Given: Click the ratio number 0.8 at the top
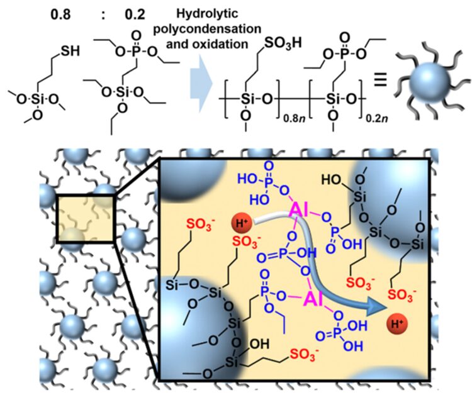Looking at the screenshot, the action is tap(61, 14).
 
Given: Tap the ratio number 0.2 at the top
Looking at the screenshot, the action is tap(135, 14).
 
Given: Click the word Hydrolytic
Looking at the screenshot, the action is tap(208, 14).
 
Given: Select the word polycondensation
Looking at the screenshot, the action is tap(208, 29).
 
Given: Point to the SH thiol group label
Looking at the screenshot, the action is tap(70, 51).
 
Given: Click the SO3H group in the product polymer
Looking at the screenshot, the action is tap(283, 43).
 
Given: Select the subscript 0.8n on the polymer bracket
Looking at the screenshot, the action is tap(295, 118).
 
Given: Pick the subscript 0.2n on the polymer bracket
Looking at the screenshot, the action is tap(377, 118).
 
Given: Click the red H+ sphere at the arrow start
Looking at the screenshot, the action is tap(242, 223).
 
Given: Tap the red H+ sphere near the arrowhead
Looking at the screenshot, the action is tap(397, 324).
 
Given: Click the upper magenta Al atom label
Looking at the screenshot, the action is tap(299, 209).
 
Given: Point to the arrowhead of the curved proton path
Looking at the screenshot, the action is tap(386, 309).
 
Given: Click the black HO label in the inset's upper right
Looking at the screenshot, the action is tap(331, 180).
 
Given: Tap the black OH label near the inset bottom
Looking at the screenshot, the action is tap(259, 344).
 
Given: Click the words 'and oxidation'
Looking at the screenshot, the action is tap(207, 44).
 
